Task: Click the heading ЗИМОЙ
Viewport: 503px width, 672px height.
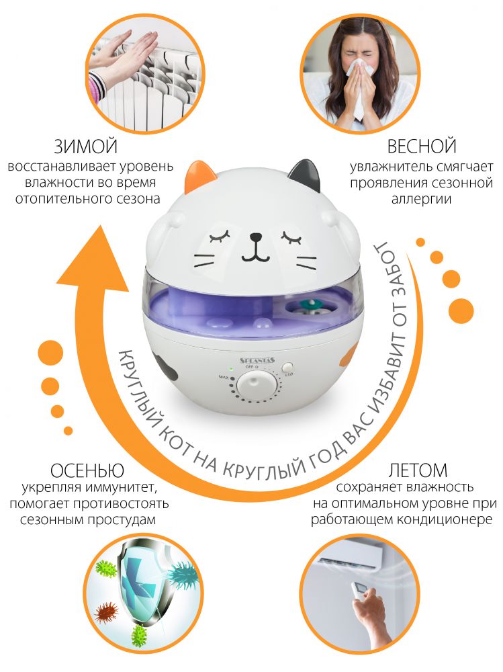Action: pos(86,146)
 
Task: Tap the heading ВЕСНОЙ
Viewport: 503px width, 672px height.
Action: pos(422,146)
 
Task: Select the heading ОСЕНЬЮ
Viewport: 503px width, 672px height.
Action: pos(87,470)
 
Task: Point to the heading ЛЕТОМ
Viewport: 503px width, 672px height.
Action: pos(418,470)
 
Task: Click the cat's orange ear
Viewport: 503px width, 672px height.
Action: pos(199,175)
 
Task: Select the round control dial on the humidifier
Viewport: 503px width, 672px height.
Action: pos(255,384)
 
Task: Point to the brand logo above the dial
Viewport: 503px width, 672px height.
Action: pos(257,360)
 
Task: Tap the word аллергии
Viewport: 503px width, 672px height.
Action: pos(421,200)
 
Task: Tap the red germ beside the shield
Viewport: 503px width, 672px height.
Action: pos(106,610)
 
